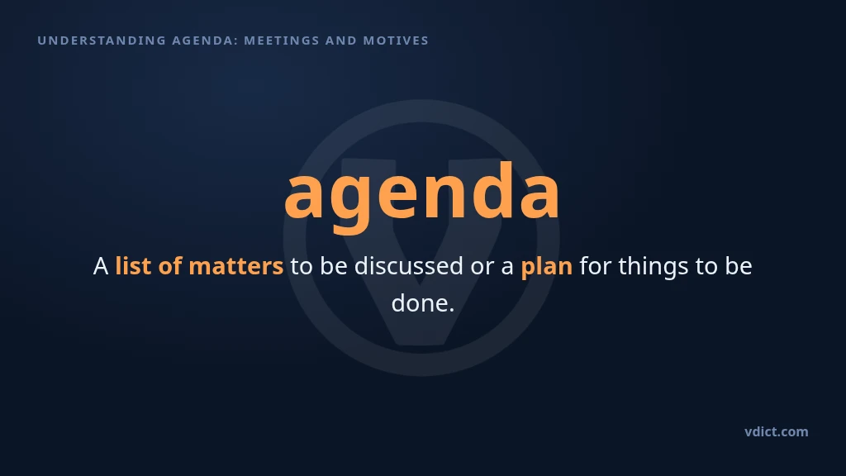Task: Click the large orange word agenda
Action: click(422, 195)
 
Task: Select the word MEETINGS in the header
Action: click(282, 40)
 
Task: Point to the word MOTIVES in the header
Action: click(396, 40)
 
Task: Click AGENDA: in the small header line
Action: click(205, 40)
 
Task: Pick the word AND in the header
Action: click(341, 40)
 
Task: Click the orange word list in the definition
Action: click(133, 265)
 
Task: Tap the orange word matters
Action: click(235, 267)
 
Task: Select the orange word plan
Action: click(547, 267)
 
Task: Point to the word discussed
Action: click(408, 265)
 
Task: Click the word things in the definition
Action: click(654, 267)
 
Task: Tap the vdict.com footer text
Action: click(777, 431)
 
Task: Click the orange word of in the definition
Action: click(170, 265)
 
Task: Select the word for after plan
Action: click(596, 265)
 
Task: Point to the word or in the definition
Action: click(482, 269)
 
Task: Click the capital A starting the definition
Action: click(100, 266)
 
